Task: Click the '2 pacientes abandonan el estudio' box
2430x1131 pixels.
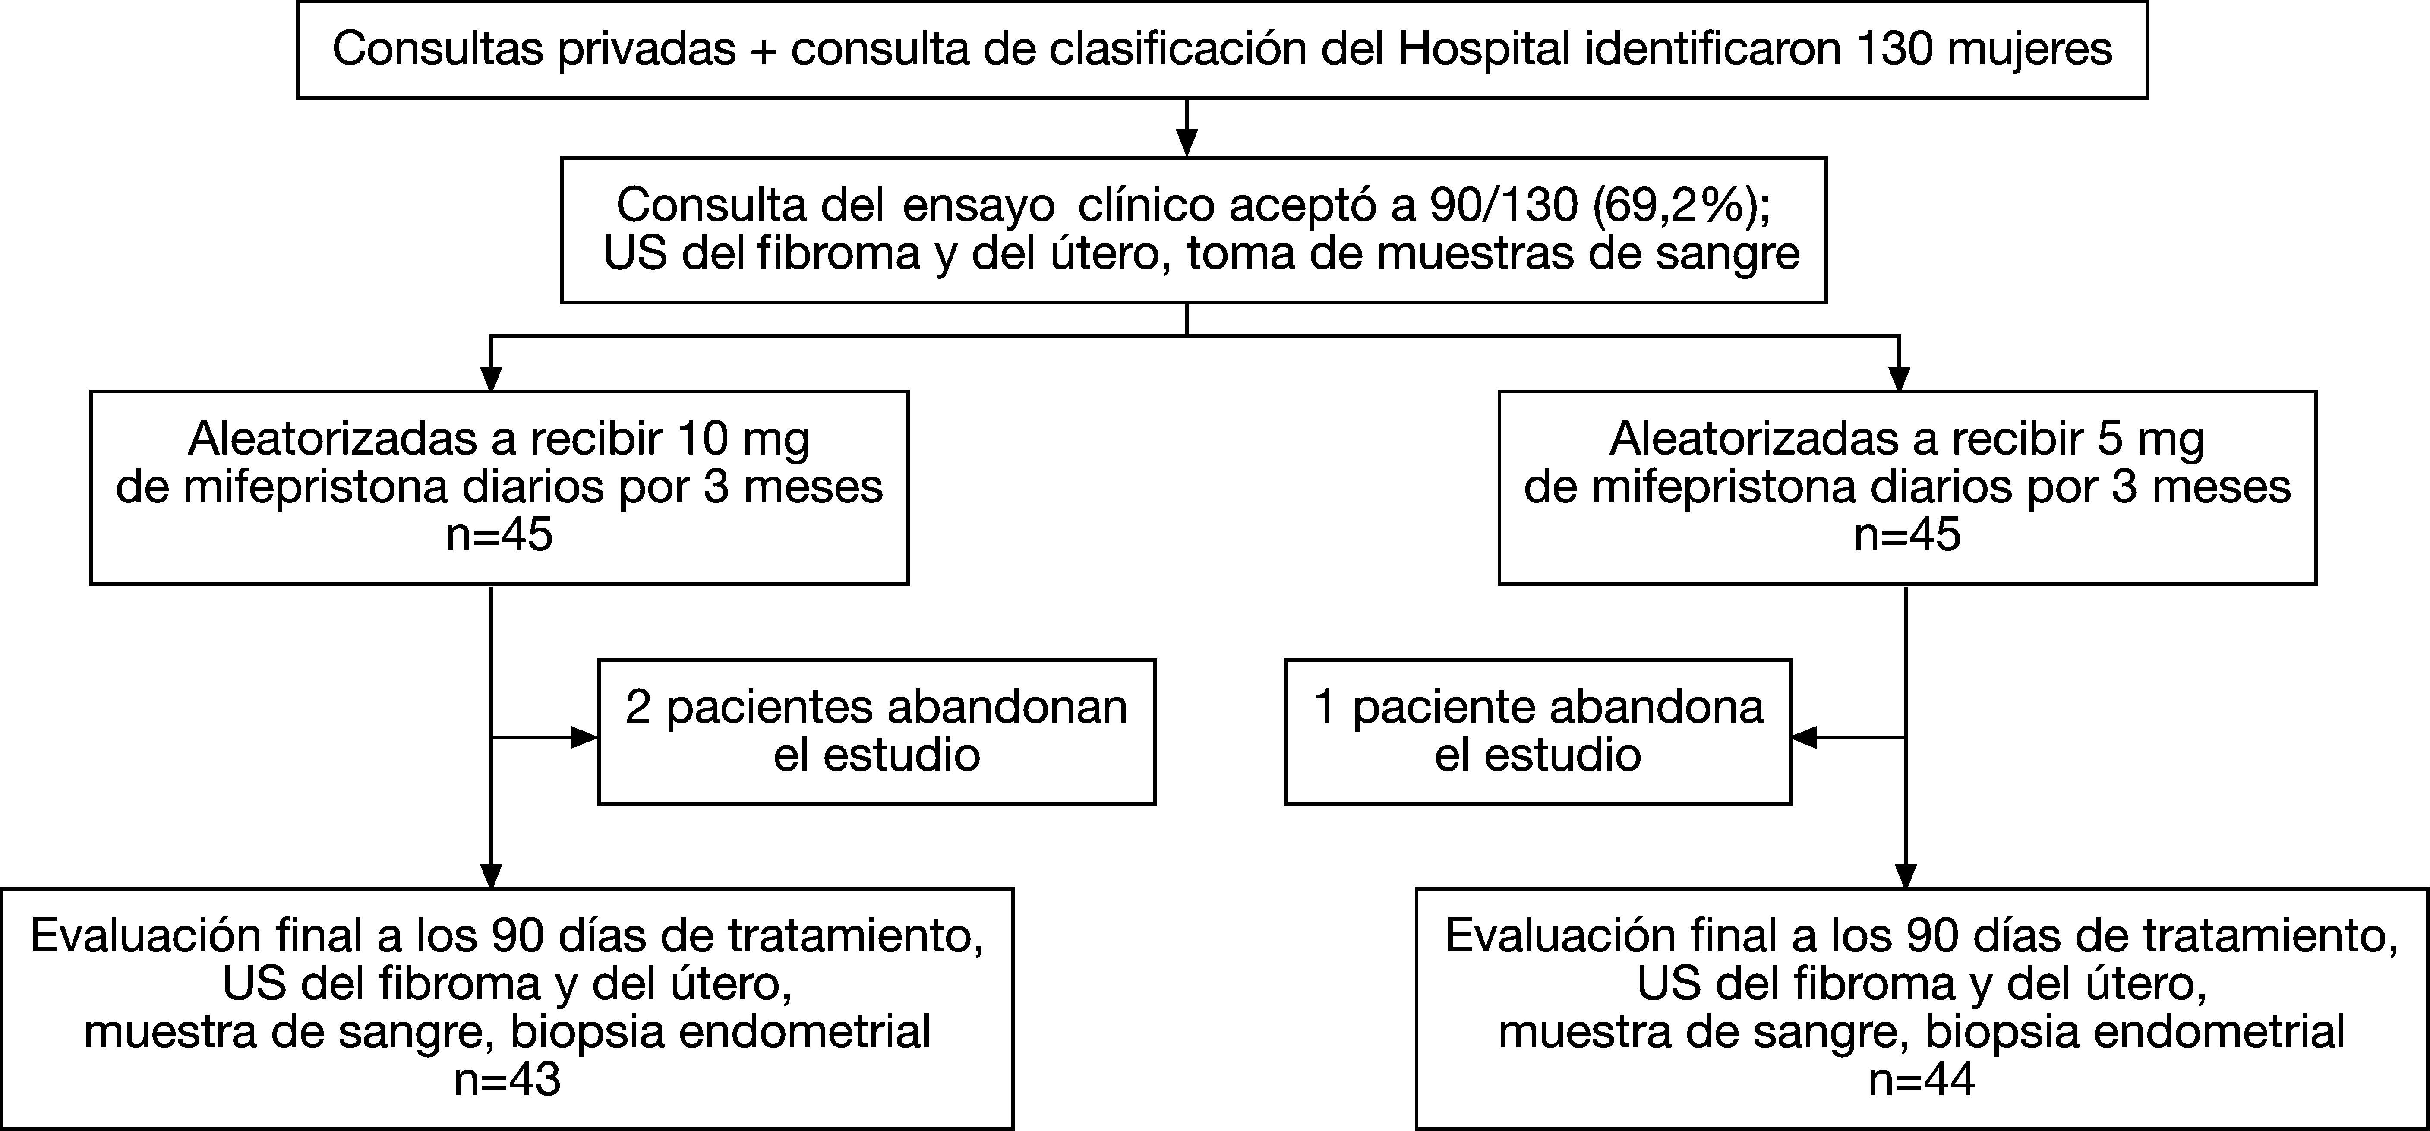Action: click(876, 732)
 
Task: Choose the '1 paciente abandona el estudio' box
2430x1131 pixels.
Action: click(1537, 732)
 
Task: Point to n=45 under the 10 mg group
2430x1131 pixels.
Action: click(499, 535)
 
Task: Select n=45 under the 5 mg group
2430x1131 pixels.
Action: click(1907, 535)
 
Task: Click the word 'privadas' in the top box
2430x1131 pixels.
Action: click(646, 49)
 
